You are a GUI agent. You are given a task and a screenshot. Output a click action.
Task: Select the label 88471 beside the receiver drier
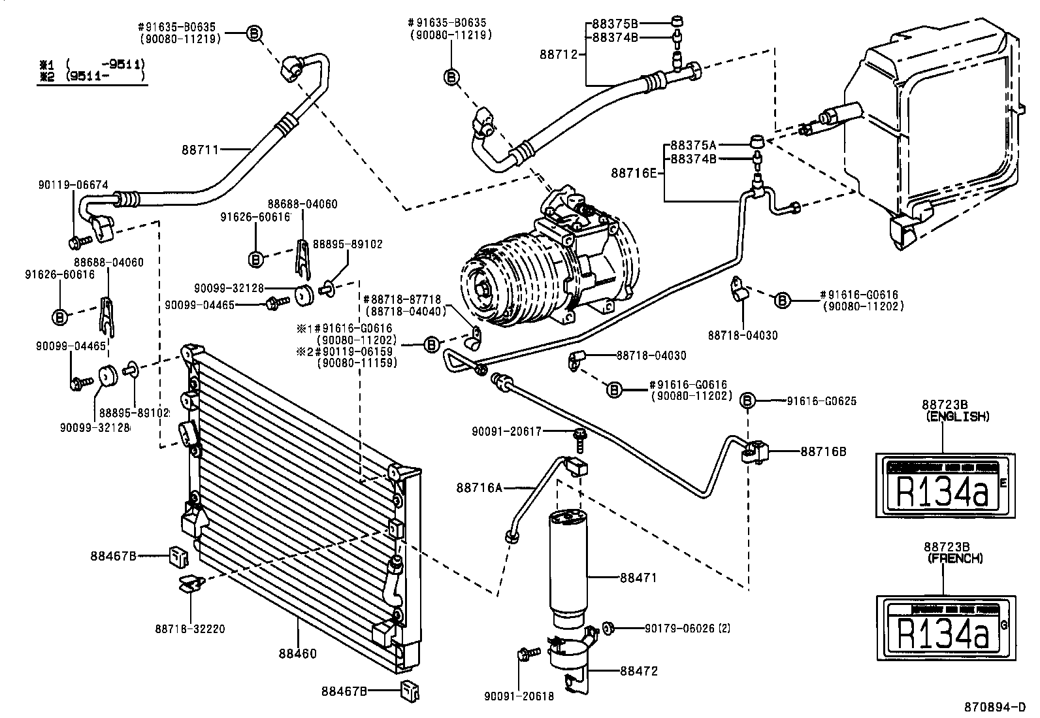[638, 578]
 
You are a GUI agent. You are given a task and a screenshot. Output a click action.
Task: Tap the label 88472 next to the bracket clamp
[638, 671]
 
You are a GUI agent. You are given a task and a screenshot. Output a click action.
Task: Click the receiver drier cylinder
[567, 562]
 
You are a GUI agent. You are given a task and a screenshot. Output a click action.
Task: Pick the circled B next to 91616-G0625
[749, 400]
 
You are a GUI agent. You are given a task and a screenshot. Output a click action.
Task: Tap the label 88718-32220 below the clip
[190, 629]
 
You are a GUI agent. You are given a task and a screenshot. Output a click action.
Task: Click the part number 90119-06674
[73, 185]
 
